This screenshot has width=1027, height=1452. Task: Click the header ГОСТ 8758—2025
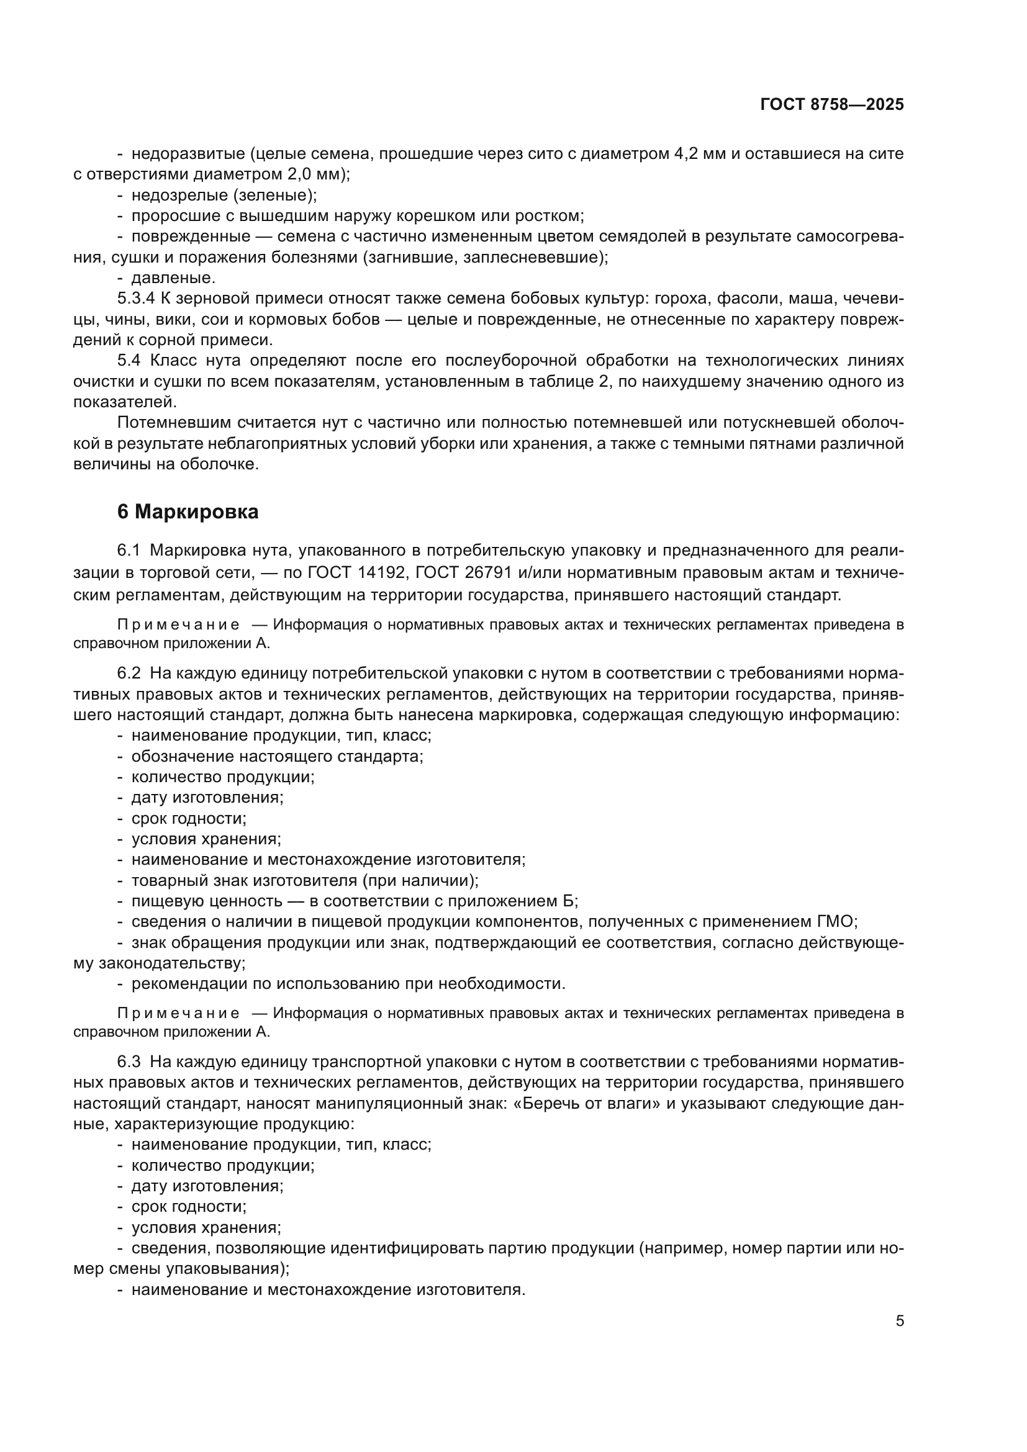click(x=831, y=105)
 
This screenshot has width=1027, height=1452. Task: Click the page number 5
click(x=899, y=1321)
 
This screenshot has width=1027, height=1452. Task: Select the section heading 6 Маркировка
click(x=188, y=512)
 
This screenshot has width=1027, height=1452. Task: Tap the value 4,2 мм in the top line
click(x=697, y=154)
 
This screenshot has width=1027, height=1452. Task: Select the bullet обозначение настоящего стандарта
click(x=277, y=756)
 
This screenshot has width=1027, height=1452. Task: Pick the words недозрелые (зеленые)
click(x=224, y=195)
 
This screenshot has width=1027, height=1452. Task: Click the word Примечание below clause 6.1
click(x=178, y=625)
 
